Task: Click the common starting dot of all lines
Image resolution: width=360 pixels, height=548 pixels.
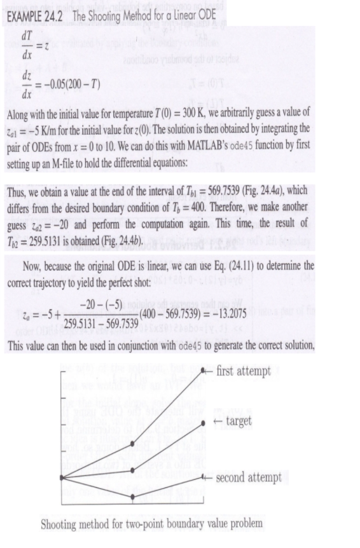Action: (x=61, y=477)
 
